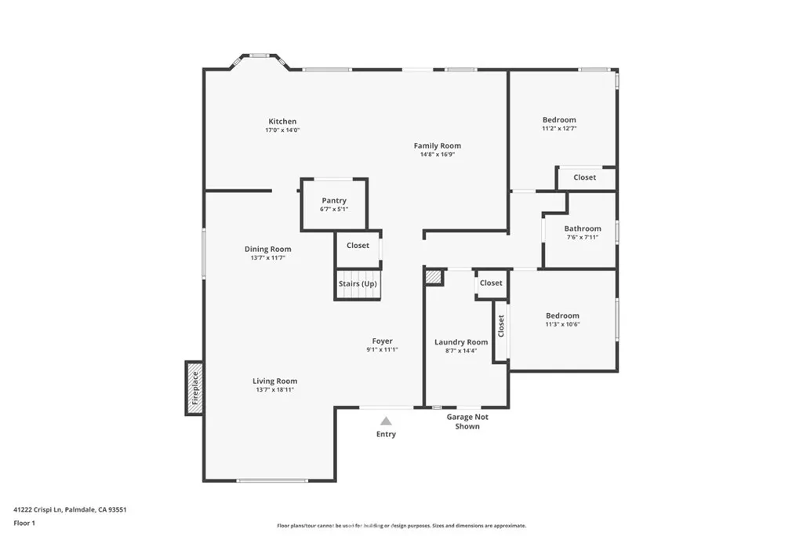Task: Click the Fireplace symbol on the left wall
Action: (194, 388)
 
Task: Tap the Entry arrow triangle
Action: (386, 421)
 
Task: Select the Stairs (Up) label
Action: (358, 283)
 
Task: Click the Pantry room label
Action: (333, 201)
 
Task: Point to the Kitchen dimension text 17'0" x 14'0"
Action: (282, 130)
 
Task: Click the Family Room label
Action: (438, 145)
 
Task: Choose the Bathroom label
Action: (583, 228)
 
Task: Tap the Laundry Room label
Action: (461, 341)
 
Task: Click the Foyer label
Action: (382, 341)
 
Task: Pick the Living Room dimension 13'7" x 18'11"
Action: (274, 390)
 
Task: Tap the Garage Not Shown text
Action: (467, 421)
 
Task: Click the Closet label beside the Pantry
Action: (358, 246)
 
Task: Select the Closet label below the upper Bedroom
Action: (584, 177)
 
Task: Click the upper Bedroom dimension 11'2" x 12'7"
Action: (559, 129)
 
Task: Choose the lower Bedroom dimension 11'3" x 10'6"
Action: (562, 324)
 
